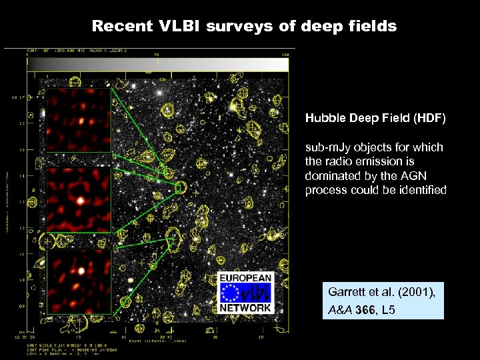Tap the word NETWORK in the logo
click(x=245, y=308)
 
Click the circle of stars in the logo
click(x=233, y=293)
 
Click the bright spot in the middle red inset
click(x=79, y=199)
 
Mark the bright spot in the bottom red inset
click(x=81, y=271)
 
